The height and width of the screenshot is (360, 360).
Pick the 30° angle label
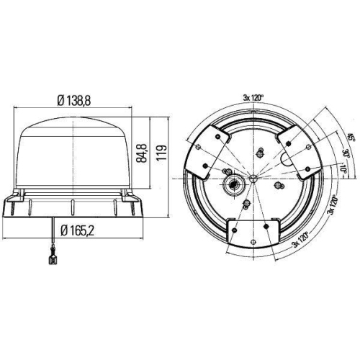tap(325, 155)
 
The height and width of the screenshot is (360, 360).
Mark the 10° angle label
tap(322, 170)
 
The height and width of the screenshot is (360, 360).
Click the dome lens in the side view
tap(76, 151)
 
